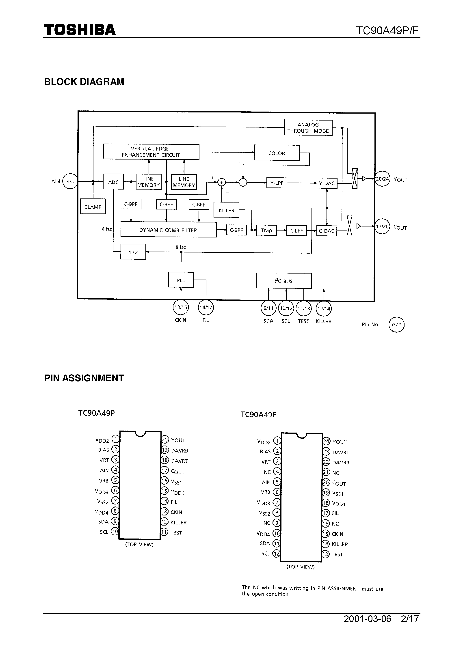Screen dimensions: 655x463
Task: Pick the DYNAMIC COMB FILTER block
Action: (x=168, y=230)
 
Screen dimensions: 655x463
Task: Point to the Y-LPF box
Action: (x=276, y=183)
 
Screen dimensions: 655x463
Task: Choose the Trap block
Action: (x=266, y=230)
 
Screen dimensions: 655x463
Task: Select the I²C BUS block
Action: (x=283, y=281)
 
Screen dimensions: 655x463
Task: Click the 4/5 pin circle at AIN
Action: (x=70, y=181)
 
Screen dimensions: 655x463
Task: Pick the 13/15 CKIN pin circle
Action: (x=181, y=307)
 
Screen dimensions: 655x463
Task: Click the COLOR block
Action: (x=277, y=153)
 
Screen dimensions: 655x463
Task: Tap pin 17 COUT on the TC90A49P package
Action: (x=165, y=470)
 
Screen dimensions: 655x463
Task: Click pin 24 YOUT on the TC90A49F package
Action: (x=326, y=441)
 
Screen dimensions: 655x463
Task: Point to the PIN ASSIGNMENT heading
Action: (x=84, y=378)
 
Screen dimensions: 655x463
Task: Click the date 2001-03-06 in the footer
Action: (x=367, y=618)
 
